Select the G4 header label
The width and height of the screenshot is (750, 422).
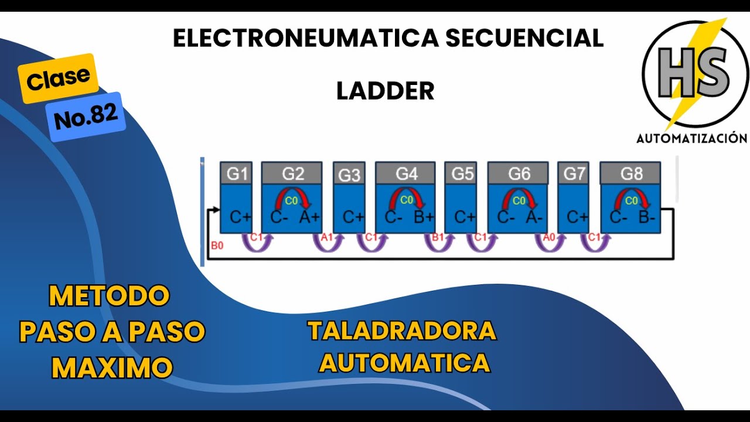(x=406, y=173)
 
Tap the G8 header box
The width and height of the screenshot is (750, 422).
(x=630, y=173)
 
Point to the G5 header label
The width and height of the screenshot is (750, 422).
(x=462, y=173)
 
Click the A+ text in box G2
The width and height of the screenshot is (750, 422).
(x=309, y=217)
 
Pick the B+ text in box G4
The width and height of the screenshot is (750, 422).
(x=424, y=217)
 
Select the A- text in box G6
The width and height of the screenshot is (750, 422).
(x=534, y=217)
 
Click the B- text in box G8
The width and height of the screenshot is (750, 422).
(x=647, y=217)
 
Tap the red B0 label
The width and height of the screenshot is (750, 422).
(x=217, y=246)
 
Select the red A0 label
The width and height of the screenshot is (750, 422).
(x=549, y=237)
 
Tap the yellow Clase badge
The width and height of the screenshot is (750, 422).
(x=58, y=77)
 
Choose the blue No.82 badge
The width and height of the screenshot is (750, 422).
(x=86, y=117)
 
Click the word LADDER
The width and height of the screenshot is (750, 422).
(x=385, y=91)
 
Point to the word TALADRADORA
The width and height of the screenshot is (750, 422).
(x=402, y=332)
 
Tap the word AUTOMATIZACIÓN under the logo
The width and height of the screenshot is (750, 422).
(x=691, y=138)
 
